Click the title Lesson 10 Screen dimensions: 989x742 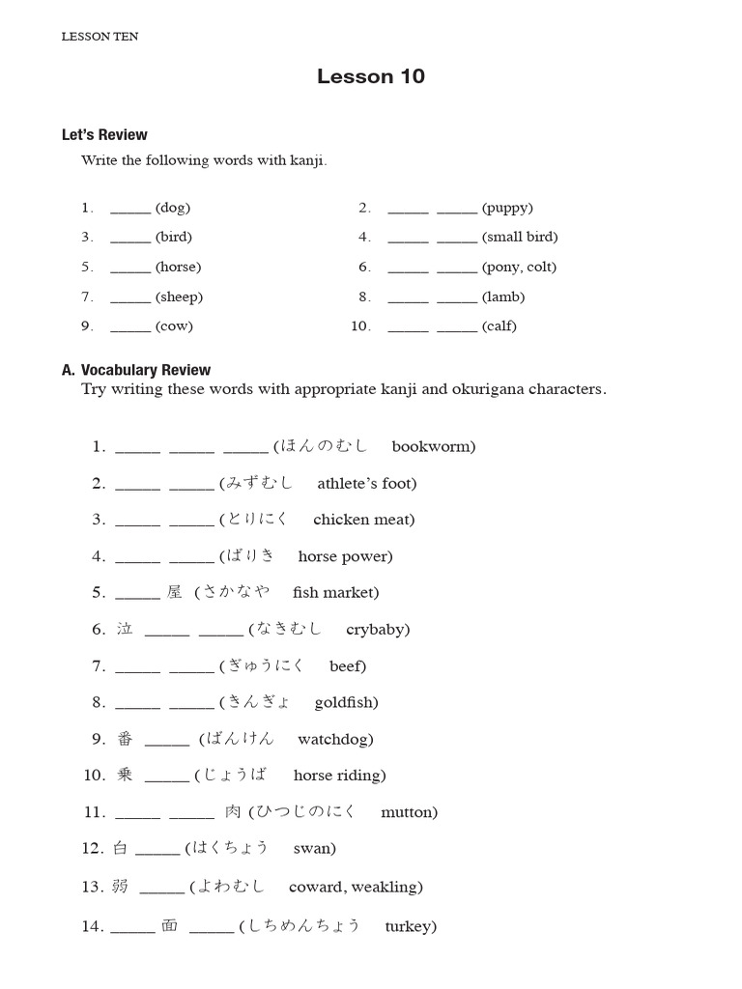370,77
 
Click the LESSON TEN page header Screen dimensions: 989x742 100,37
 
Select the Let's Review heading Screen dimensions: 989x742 104,135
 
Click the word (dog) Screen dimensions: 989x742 173,208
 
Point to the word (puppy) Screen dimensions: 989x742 507,208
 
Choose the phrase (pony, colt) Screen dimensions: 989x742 519,268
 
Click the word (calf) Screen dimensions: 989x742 499,326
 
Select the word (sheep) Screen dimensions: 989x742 179,297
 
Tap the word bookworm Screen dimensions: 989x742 434,446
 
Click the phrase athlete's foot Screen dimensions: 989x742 367,483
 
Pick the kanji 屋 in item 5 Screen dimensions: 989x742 174,592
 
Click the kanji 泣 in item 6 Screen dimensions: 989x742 125,629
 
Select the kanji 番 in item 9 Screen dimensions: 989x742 125,739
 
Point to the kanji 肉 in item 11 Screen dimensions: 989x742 233,812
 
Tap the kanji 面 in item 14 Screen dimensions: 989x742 170,925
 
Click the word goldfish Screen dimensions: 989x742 346,702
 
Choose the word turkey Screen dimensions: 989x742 410,926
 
